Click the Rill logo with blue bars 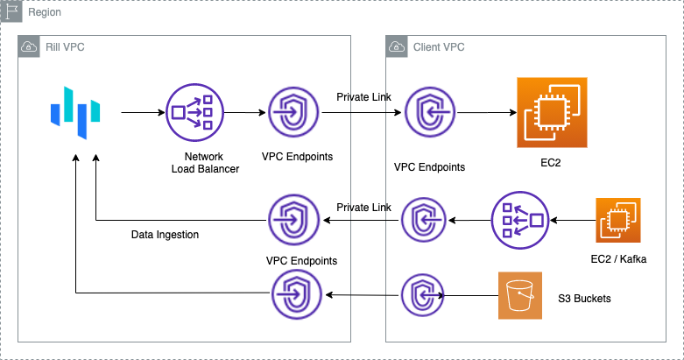(x=75, y=112)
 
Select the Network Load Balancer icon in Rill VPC (x=192, y=112)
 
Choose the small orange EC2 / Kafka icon (x=618, y=220)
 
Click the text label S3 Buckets (x=584, y=299)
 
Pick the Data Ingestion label (x=166, y=235)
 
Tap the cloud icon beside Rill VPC (x=29, y=46)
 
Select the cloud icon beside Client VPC (x=397, y=46)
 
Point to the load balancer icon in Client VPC (x=520, y=220)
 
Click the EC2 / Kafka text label (x=618, y=259)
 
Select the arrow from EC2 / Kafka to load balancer (x=571, y=220)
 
